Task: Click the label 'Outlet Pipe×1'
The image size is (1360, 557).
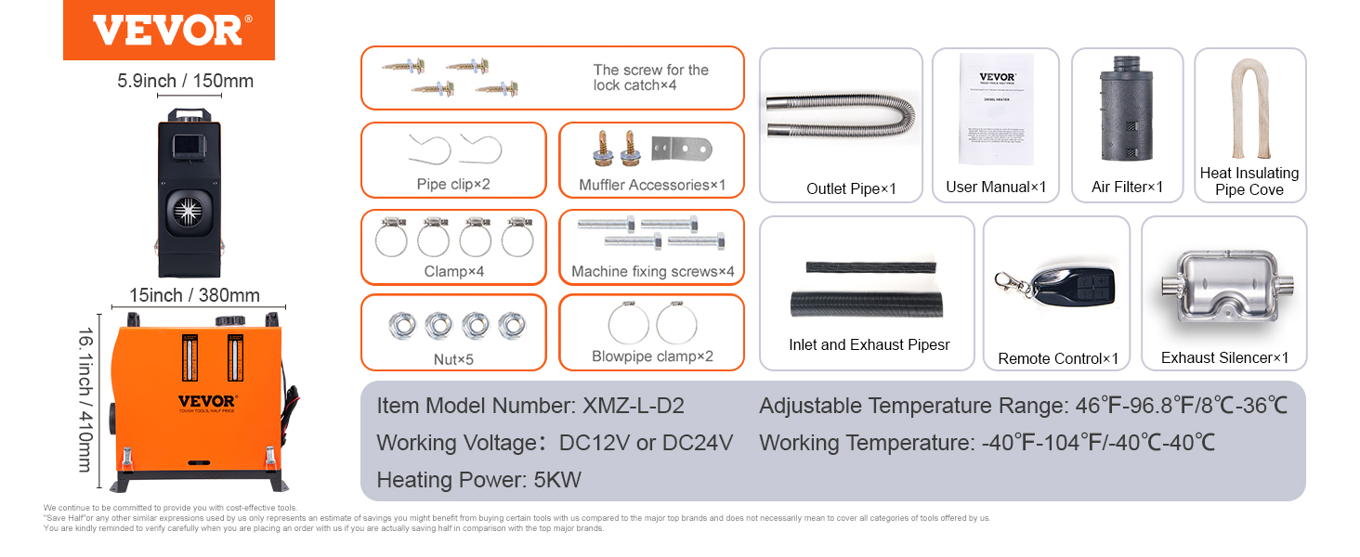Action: pyautogui.click(x=851, y=188)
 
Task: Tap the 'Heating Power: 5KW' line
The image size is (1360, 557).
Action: pyautogui.click(x=478, y=480)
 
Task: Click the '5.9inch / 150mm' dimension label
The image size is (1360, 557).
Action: pyautogui.click(x=185, y=81)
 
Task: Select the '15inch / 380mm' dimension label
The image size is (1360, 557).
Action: pyautogui.click(x=194, y=295)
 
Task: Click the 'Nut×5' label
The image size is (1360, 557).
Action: pyautogui.click(x=452, y=358)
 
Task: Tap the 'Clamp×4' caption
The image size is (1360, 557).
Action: pyautogui.click(x=453, y=272)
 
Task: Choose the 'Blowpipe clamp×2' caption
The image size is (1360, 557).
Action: pyautogui.click(x=652, y=356)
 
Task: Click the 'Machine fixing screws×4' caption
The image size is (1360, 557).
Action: pyautogui.click(x=652, y=272)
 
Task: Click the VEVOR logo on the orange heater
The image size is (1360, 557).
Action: pyautogui.click(x=207, y=402)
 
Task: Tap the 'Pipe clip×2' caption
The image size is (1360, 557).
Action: pyautogui.click(x=452, y=184)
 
